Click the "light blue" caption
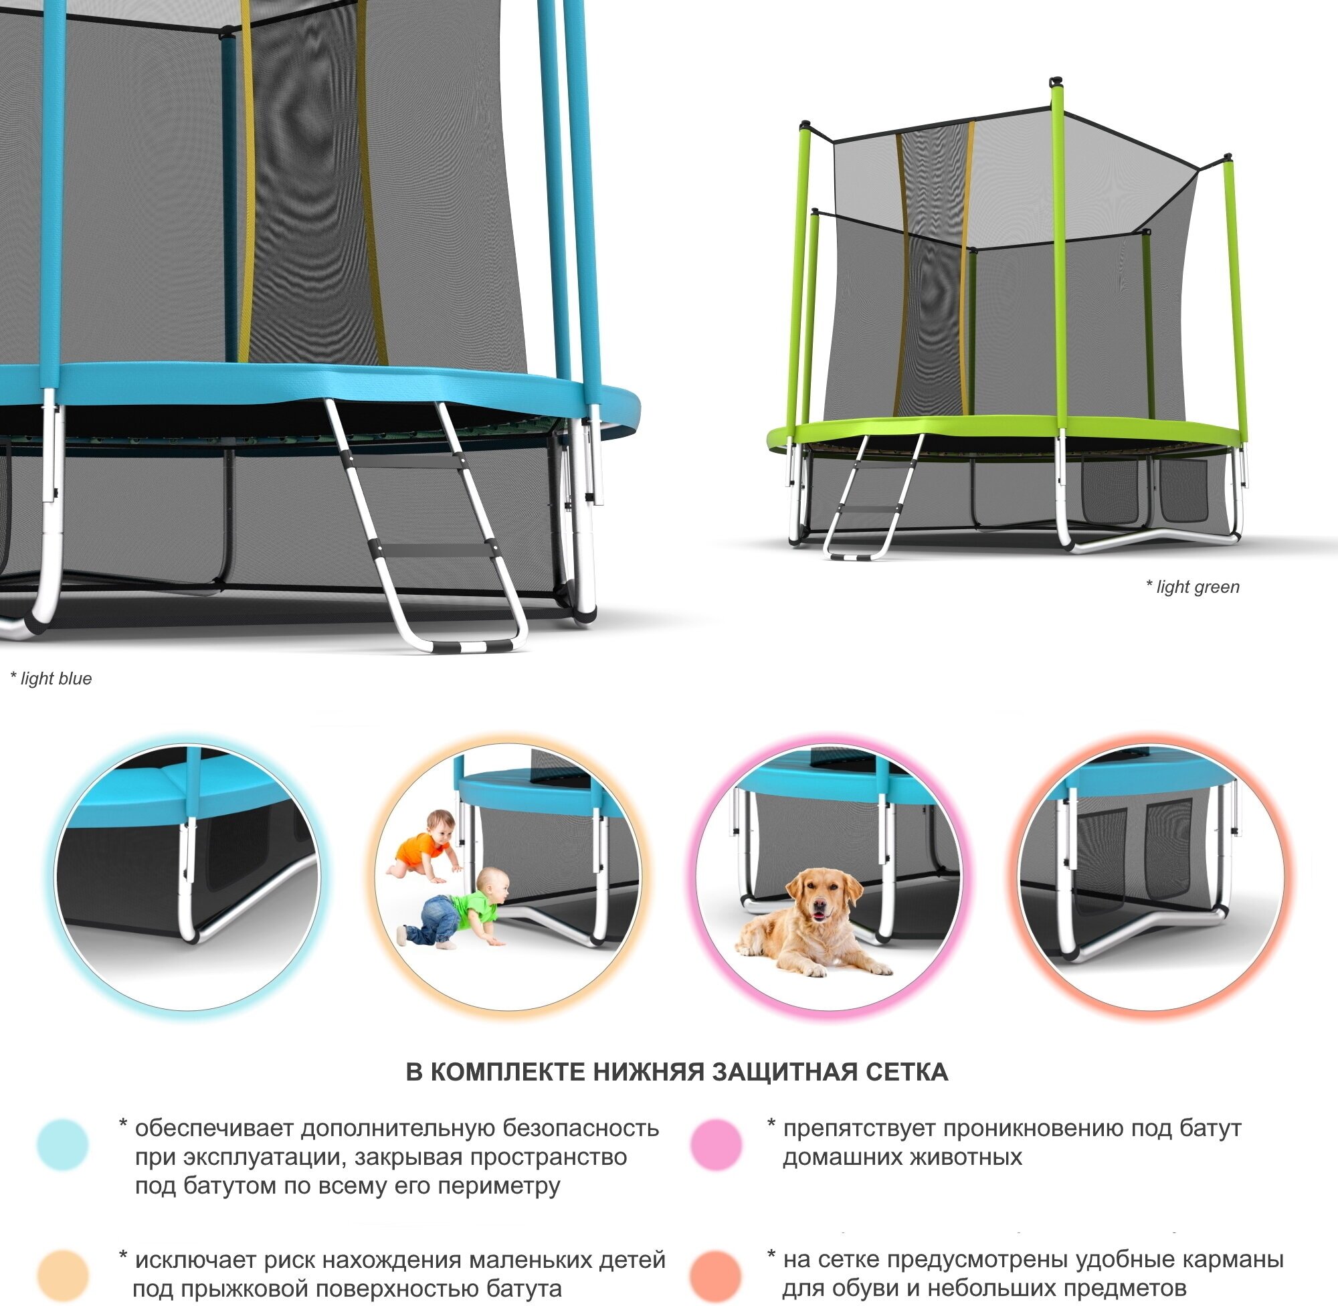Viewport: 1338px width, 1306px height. [x=52, y=678]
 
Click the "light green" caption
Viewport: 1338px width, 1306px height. [x=1193, y=587]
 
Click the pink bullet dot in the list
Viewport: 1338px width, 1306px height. [x=716, y=1145]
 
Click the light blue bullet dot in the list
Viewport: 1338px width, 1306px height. [x=62, y=1145]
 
